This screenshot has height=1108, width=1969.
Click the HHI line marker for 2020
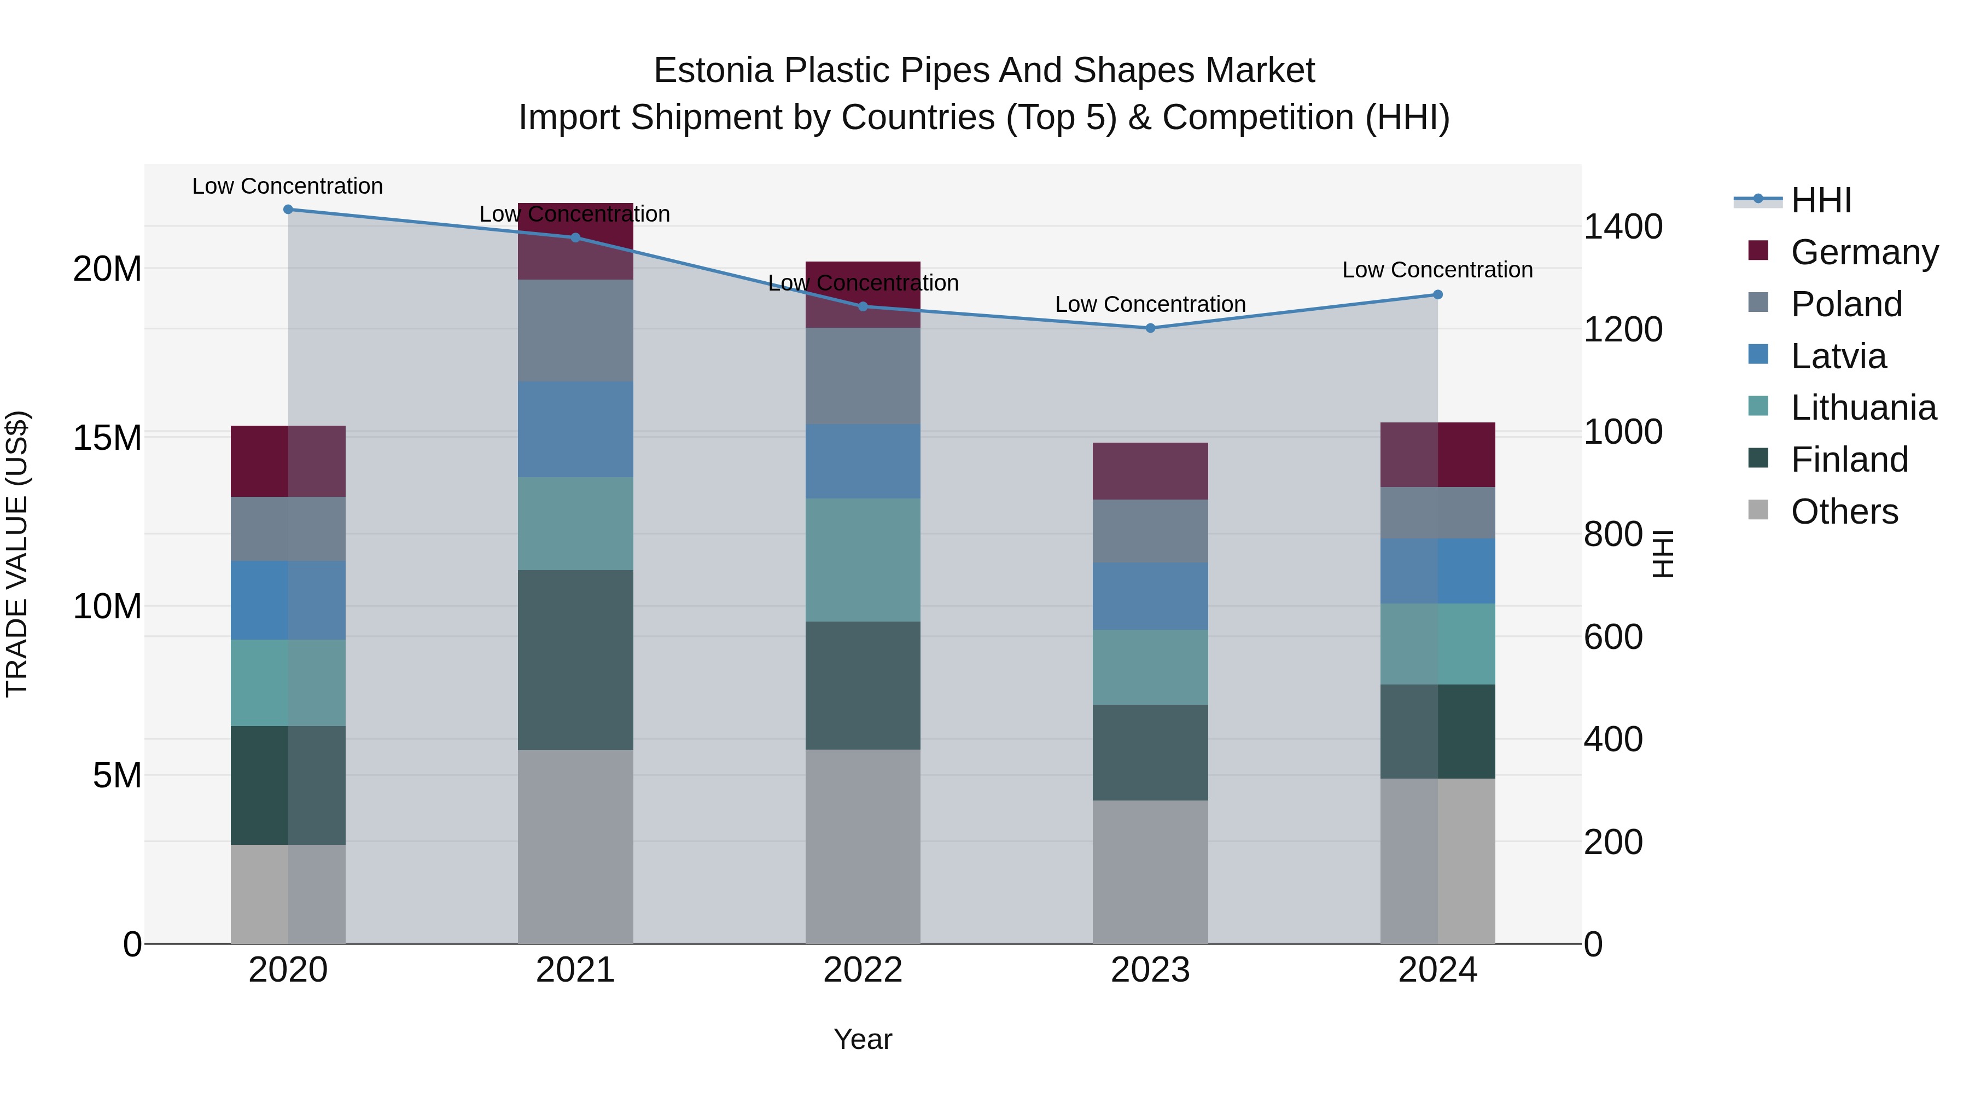click(x=288, y=210)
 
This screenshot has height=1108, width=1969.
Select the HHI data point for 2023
click(x=1150, y=328)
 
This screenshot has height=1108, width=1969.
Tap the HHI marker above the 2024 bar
click(x=1438, y=294)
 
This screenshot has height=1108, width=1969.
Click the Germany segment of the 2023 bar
click(x=1150, y=471)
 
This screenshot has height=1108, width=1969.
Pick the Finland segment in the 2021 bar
click(x=575, y=660)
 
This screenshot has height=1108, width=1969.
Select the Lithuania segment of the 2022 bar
click(x=863, y=560)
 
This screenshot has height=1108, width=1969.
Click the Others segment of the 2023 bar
click(x=1150, y=872)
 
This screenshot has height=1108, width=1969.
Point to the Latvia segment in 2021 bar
click(x=575, y=429)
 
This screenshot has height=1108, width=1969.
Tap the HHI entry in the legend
click(x=1821, y=200)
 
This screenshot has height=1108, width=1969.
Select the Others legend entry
click(x=1844, y=512)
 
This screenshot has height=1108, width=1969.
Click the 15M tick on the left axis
click(x=107, y=438)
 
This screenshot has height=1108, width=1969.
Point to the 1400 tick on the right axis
click(x=1622, y=227)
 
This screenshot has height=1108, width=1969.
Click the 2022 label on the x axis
click(x=863, y=970)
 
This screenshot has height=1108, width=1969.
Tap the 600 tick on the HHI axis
click(x=1613, y=637)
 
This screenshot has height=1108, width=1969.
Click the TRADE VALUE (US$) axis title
click(x=17, y=554)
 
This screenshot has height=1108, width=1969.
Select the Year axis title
click(x=863, y=1039)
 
